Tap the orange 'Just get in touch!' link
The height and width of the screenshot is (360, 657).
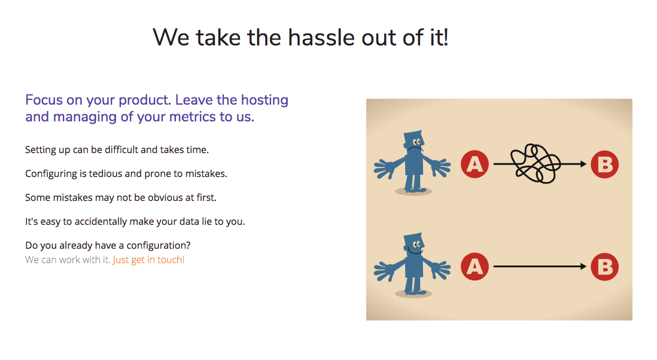point(148,260)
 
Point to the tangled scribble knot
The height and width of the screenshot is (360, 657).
point(536,164)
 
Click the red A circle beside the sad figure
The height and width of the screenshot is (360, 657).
point(474,164)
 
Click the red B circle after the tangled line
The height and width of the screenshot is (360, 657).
point(604,164)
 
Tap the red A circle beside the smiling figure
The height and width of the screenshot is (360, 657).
point(474,266)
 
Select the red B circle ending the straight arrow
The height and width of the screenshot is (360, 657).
point(604,267)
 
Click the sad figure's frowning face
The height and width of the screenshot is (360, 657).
point(415,145)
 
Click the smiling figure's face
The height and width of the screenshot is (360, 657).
point(415,247)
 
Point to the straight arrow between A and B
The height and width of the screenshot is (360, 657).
point(540,266)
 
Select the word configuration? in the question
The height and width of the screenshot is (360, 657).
point(159,246)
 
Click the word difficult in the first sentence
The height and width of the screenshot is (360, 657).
point(121,150)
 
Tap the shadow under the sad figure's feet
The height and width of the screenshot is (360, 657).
point(413,192)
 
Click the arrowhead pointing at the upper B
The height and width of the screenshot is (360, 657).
point(583,164)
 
